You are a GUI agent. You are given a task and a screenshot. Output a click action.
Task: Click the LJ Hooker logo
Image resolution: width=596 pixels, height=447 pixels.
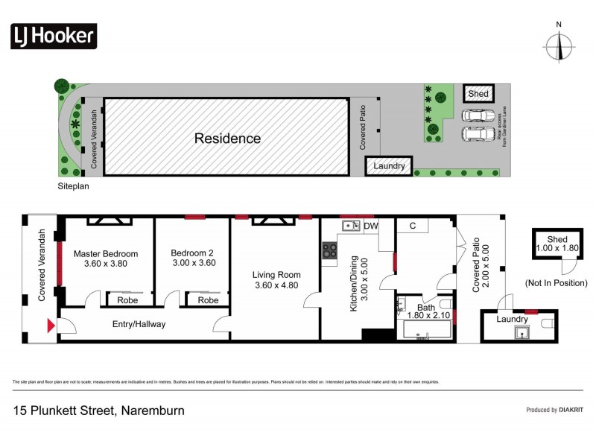(x=54, y=35)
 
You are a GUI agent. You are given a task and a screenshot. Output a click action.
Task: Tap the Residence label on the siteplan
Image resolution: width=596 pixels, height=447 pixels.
(x=227, y=139)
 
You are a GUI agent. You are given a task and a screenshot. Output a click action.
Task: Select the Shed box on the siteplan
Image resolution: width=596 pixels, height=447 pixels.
(x=478, y=94)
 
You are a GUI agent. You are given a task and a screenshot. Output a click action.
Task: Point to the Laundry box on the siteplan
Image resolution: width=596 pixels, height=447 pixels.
(x=388, y=166)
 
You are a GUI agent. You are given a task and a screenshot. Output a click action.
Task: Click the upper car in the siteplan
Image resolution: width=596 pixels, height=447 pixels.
(x=477, y=116)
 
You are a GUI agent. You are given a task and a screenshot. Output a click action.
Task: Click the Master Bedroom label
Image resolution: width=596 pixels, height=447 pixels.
(x=106, y=253)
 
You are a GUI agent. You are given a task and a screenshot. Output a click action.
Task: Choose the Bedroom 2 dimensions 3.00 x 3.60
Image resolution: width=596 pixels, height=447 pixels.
(x=192, y=263)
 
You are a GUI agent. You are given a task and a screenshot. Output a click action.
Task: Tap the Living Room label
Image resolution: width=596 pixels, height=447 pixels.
(x=276, y=275)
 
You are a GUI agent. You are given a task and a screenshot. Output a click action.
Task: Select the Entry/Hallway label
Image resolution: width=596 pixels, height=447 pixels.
(x=139, y=324)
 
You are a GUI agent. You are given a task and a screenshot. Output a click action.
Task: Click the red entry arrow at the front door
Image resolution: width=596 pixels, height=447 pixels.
(x=51, y=325)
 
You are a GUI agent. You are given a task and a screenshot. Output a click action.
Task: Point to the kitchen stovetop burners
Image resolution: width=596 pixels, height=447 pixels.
(x=329, y=252)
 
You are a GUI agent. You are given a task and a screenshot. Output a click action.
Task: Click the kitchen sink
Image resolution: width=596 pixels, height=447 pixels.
(x=351, y=225)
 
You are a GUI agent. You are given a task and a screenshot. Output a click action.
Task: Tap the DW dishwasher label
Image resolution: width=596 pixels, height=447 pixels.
(x=371, y=226)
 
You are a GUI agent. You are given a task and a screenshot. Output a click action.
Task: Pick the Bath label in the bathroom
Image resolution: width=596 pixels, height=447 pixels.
(x=425, y=308)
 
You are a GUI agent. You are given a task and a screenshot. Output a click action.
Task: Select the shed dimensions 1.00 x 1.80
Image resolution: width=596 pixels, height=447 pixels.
(x=557, y=249)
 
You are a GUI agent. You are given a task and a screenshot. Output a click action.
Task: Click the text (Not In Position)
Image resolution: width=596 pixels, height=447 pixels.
(x=556, y=283)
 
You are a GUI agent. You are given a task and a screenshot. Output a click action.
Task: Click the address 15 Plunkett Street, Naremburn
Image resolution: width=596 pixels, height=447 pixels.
(x=99, y=410)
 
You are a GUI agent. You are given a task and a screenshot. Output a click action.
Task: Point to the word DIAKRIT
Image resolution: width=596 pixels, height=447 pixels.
(x=571, y=410)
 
